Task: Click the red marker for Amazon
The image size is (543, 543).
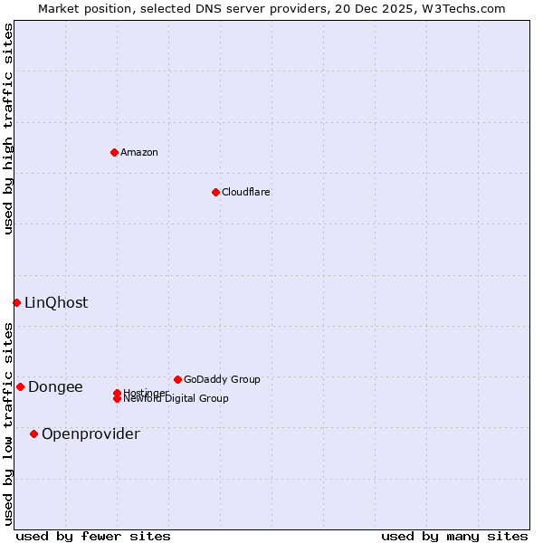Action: (x=114, y=152)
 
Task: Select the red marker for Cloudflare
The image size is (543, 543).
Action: (x=215, y=192)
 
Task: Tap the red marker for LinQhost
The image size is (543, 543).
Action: (x=16, y=302)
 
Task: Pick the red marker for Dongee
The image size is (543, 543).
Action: (x=20, y=386)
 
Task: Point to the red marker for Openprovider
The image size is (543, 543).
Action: (x=33, y=433)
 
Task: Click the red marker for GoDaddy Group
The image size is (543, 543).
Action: (x=177, y=379)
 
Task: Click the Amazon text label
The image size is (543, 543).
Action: (x=139, y=152)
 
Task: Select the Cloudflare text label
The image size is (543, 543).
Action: (x=246, y=192)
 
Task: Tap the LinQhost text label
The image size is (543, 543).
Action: (x=56, y=302)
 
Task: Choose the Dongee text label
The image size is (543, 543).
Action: (x=55, y=386)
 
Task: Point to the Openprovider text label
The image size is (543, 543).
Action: (x=90, y=433)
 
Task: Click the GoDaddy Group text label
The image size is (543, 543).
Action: (x=222, y=379)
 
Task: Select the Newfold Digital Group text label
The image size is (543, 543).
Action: (x=176, y=399)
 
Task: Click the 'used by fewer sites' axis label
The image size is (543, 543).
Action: (x=93, y=536)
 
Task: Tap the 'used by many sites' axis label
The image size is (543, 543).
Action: (x=454, y=536)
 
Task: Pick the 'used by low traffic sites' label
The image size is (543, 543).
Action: (x=8, y=424)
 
